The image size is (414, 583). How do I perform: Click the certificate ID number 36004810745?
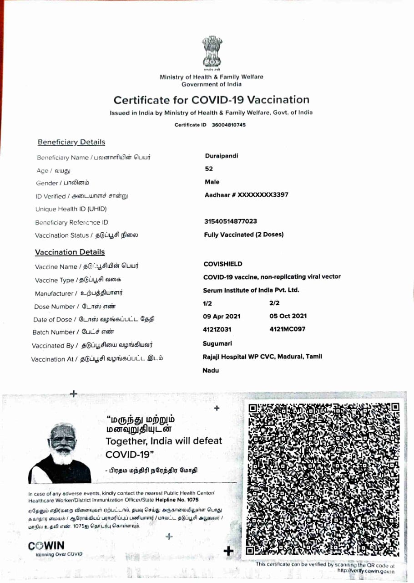229,125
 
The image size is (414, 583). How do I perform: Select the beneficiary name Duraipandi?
222,156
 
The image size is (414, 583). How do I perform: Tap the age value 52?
209,169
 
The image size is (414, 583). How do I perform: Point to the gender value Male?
212,182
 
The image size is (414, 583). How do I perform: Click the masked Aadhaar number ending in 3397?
246,194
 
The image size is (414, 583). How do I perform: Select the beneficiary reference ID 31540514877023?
231,221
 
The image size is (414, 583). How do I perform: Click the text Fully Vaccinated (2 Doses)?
244,235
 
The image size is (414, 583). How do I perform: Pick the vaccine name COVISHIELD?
223,264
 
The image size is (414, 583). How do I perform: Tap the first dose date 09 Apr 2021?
222,316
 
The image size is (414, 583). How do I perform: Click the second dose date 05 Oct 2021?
288,316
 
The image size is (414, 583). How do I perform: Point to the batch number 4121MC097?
288,329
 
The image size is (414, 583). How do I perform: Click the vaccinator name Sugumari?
217,343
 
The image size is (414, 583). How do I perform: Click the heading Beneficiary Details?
71,142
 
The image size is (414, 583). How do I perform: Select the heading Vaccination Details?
70,252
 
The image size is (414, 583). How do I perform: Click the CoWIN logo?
46,546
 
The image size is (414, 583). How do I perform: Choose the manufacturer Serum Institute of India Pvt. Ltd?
251,290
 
